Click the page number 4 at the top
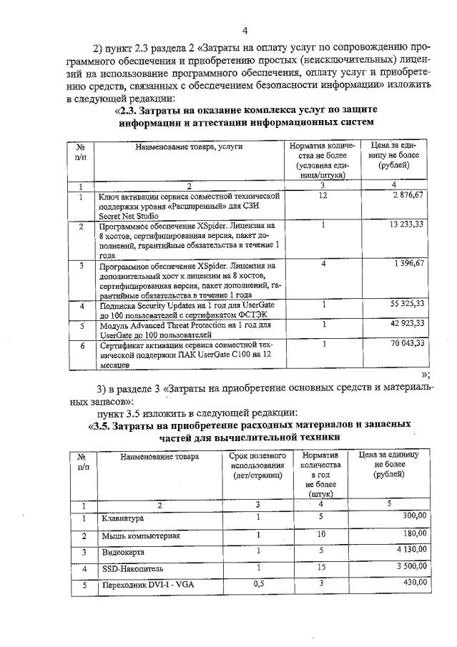(245, 30)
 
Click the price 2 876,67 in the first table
(408, 195)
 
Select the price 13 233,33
(406, 224)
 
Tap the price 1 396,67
(408, 264)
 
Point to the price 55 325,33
(406, 304)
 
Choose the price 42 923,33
(406, 323)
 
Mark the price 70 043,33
(406, 343)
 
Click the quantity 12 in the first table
(323, 195)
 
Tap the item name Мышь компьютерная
(140, 535)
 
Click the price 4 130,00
(411, 549)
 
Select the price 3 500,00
(411, 566)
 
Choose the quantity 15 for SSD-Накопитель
(321, 567)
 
